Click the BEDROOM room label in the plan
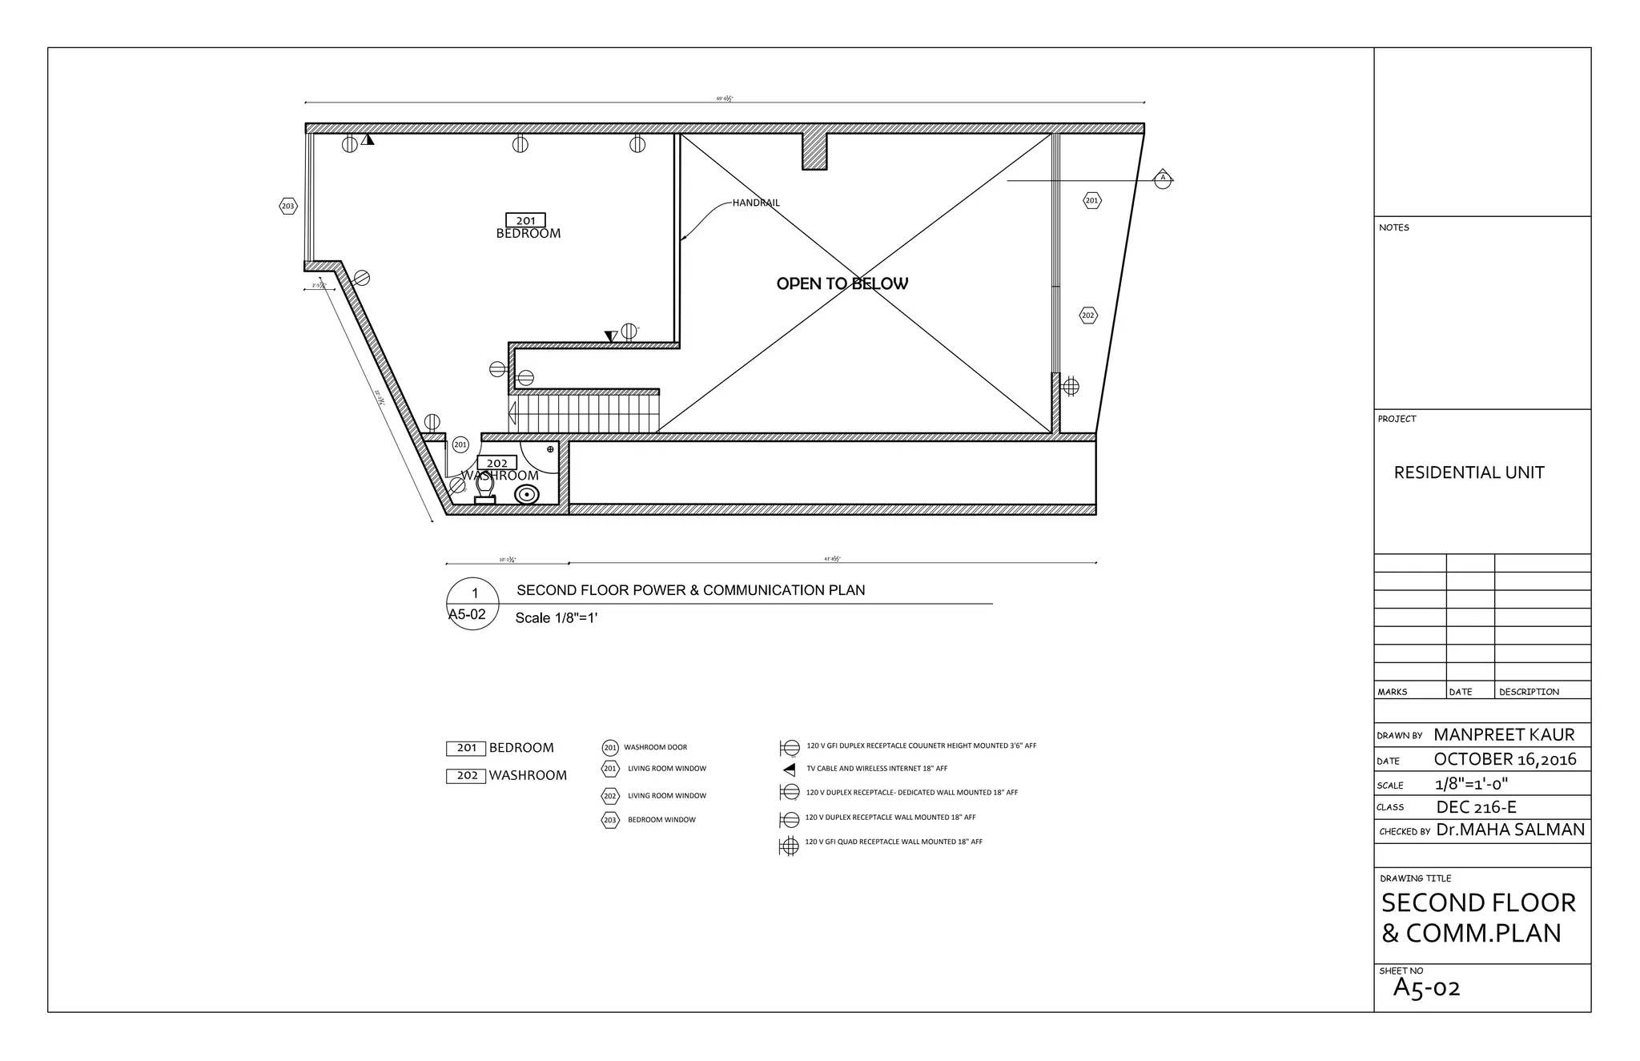pyautogui.click(x=528, y=233)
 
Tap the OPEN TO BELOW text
pyautogui.click(x=842, y=283)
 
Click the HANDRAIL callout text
pyautogui.click(x=755, y=203)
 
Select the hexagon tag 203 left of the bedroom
pyautogui.click(x=287, y=206)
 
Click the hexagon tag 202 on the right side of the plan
pyautogui.click(x=1087, y=315)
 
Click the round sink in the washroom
pyautogui.click(x=526, y=495)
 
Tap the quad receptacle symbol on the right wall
pyautogui.click(x=1070, y=387)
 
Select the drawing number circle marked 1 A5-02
pyautogui.click(x=472, y=604)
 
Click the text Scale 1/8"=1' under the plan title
pyautogui.click(x=556, y=617)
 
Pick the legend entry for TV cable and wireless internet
pyautogui.click(x=876, y=769)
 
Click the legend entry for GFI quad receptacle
pyautogui.click(x=893, y=842)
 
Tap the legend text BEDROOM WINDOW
pyautogui.click(x=661, y=820)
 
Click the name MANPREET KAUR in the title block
pyautogui.click(x=1503, y=734)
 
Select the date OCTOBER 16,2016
pyautogui.click(x=1505, y=759)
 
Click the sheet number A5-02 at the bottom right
pyautogui.click(x=1426, y=988)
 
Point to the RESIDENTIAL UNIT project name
pyautogui.click(x=1469, y=472)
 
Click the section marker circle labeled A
pyautogui.click(x=1163, y=179)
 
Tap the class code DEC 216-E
pyautogui.click(x=1476, y=807)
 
